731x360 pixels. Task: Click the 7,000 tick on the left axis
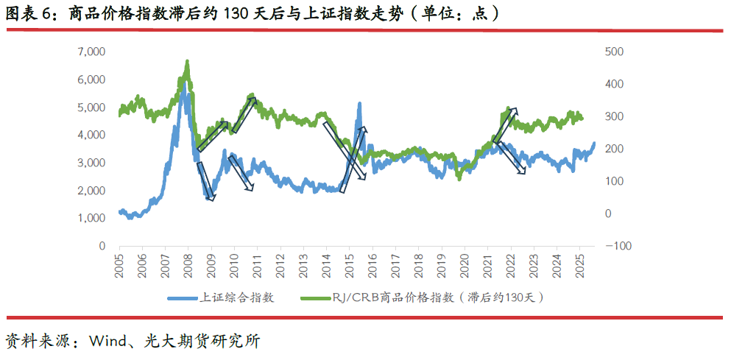tap(91, 52)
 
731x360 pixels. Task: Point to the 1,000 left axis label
tap(91, 219)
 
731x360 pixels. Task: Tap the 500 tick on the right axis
tap(615, 52)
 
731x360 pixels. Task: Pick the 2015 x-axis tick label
tap(349, 266)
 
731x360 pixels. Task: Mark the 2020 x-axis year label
tap(464, 266)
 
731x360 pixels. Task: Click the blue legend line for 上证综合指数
tap(183, 298)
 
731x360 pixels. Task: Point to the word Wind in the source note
tap(107, 342)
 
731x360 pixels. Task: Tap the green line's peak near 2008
tap(187, 62)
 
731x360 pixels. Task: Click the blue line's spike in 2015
tap(359, 105)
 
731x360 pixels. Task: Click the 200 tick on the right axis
tap(615, 149)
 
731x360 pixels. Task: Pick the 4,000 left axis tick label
tap(91, 135)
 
